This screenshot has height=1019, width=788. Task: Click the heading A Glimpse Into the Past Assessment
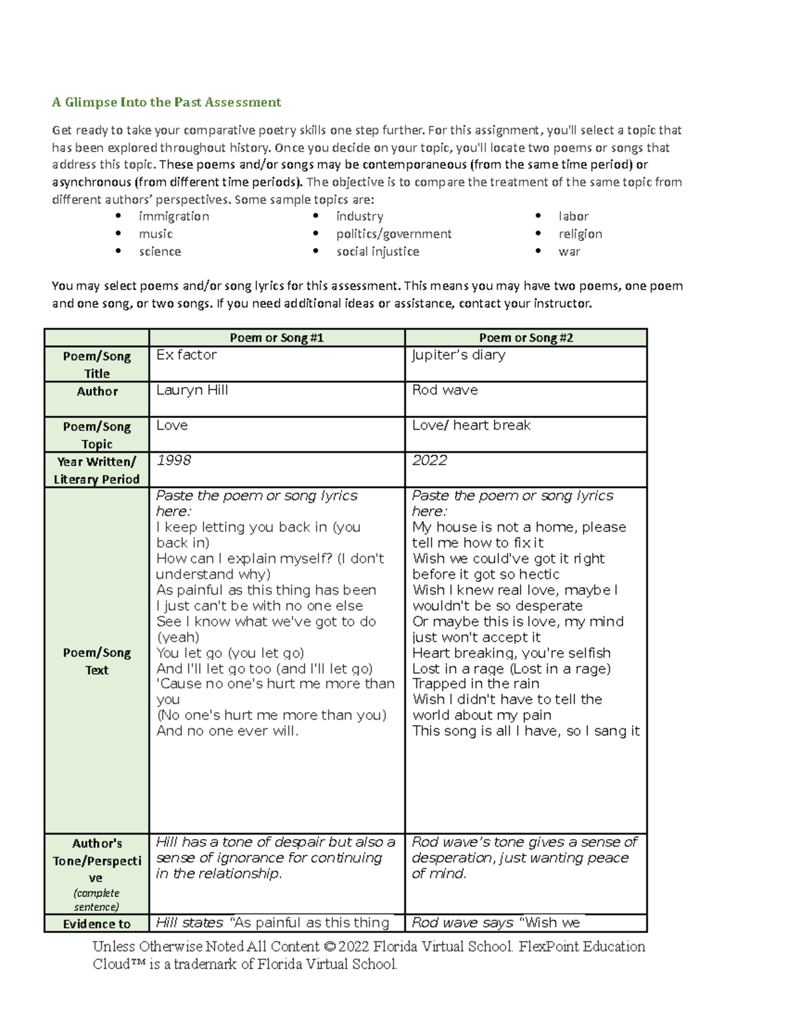(166, 102)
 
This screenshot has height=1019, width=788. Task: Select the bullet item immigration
(173, 217)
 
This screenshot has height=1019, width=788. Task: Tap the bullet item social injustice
(378, 251)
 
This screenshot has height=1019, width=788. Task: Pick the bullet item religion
(580, 234)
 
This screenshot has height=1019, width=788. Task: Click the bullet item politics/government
(393, 234)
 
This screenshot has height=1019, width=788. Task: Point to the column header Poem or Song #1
(276, 338)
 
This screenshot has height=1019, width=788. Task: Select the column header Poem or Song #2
(525, 338)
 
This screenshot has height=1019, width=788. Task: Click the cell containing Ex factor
(186, 355)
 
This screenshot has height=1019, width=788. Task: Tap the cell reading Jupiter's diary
(458, 355)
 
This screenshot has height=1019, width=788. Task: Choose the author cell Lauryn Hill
(192, 390)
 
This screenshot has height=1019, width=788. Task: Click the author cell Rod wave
(445, 390)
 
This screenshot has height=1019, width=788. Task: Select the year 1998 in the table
(173, 461)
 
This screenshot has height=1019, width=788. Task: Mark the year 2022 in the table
(429, 461)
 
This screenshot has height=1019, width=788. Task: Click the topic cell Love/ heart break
(471, 425)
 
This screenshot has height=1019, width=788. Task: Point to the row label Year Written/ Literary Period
(97, 470)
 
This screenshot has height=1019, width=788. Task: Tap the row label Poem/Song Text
(97, 661)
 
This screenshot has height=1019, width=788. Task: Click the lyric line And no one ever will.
(227, 731)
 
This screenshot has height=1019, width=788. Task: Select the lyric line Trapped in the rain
(475, 684)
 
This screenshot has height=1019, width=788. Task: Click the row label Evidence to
(97, 924)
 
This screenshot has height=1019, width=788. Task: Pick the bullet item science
(160, 251)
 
